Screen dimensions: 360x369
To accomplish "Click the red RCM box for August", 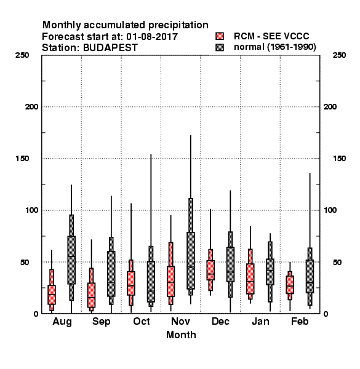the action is tap(52, 295).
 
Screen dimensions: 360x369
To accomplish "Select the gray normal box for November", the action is tap(191, 261).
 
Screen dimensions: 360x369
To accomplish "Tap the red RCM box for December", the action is tap(210, 270).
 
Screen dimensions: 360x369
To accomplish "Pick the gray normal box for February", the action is tap(310, 276).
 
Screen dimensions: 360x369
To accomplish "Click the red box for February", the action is tap(290, 285).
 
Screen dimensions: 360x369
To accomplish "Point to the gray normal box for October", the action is tap(151, 282).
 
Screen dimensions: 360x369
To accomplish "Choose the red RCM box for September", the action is tap(91, 295).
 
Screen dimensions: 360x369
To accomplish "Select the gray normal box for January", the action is tap(270, 272).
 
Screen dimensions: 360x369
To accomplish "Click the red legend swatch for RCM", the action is tap(220, 36).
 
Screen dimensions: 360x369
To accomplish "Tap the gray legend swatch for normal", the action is tap(220, 47).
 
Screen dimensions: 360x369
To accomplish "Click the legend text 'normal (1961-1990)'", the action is tap(274, 47).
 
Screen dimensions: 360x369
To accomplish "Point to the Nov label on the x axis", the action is tap(180, 321).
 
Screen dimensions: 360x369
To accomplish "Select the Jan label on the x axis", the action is tap(260, 321).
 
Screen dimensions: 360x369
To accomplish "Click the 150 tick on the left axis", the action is tap(22, 159).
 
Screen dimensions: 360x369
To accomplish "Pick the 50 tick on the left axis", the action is tap(25, 262).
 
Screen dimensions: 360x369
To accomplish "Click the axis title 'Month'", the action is tap(181, 335).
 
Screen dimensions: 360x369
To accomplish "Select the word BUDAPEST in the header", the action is tap(110, 48).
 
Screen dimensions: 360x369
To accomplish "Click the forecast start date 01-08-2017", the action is tap(152, 37).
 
